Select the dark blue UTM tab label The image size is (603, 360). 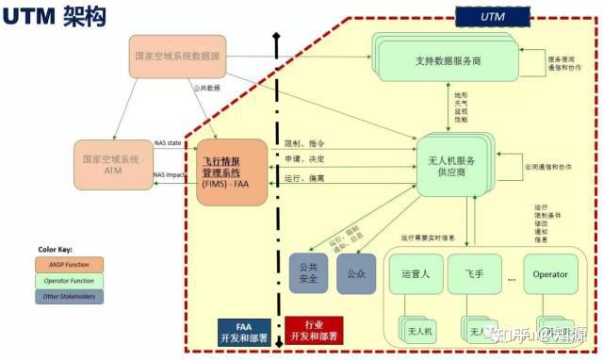pyautogui.click(x=492, y=16)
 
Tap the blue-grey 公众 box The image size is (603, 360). pyautogui.click(x=355, y=274)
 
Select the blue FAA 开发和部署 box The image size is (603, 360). pyautogui.click(x=245, y=330)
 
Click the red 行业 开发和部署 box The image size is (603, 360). pyautogui.click(x=314, y=330)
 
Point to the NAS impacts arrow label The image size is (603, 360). pyautogui.click(x=171, y=175)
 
